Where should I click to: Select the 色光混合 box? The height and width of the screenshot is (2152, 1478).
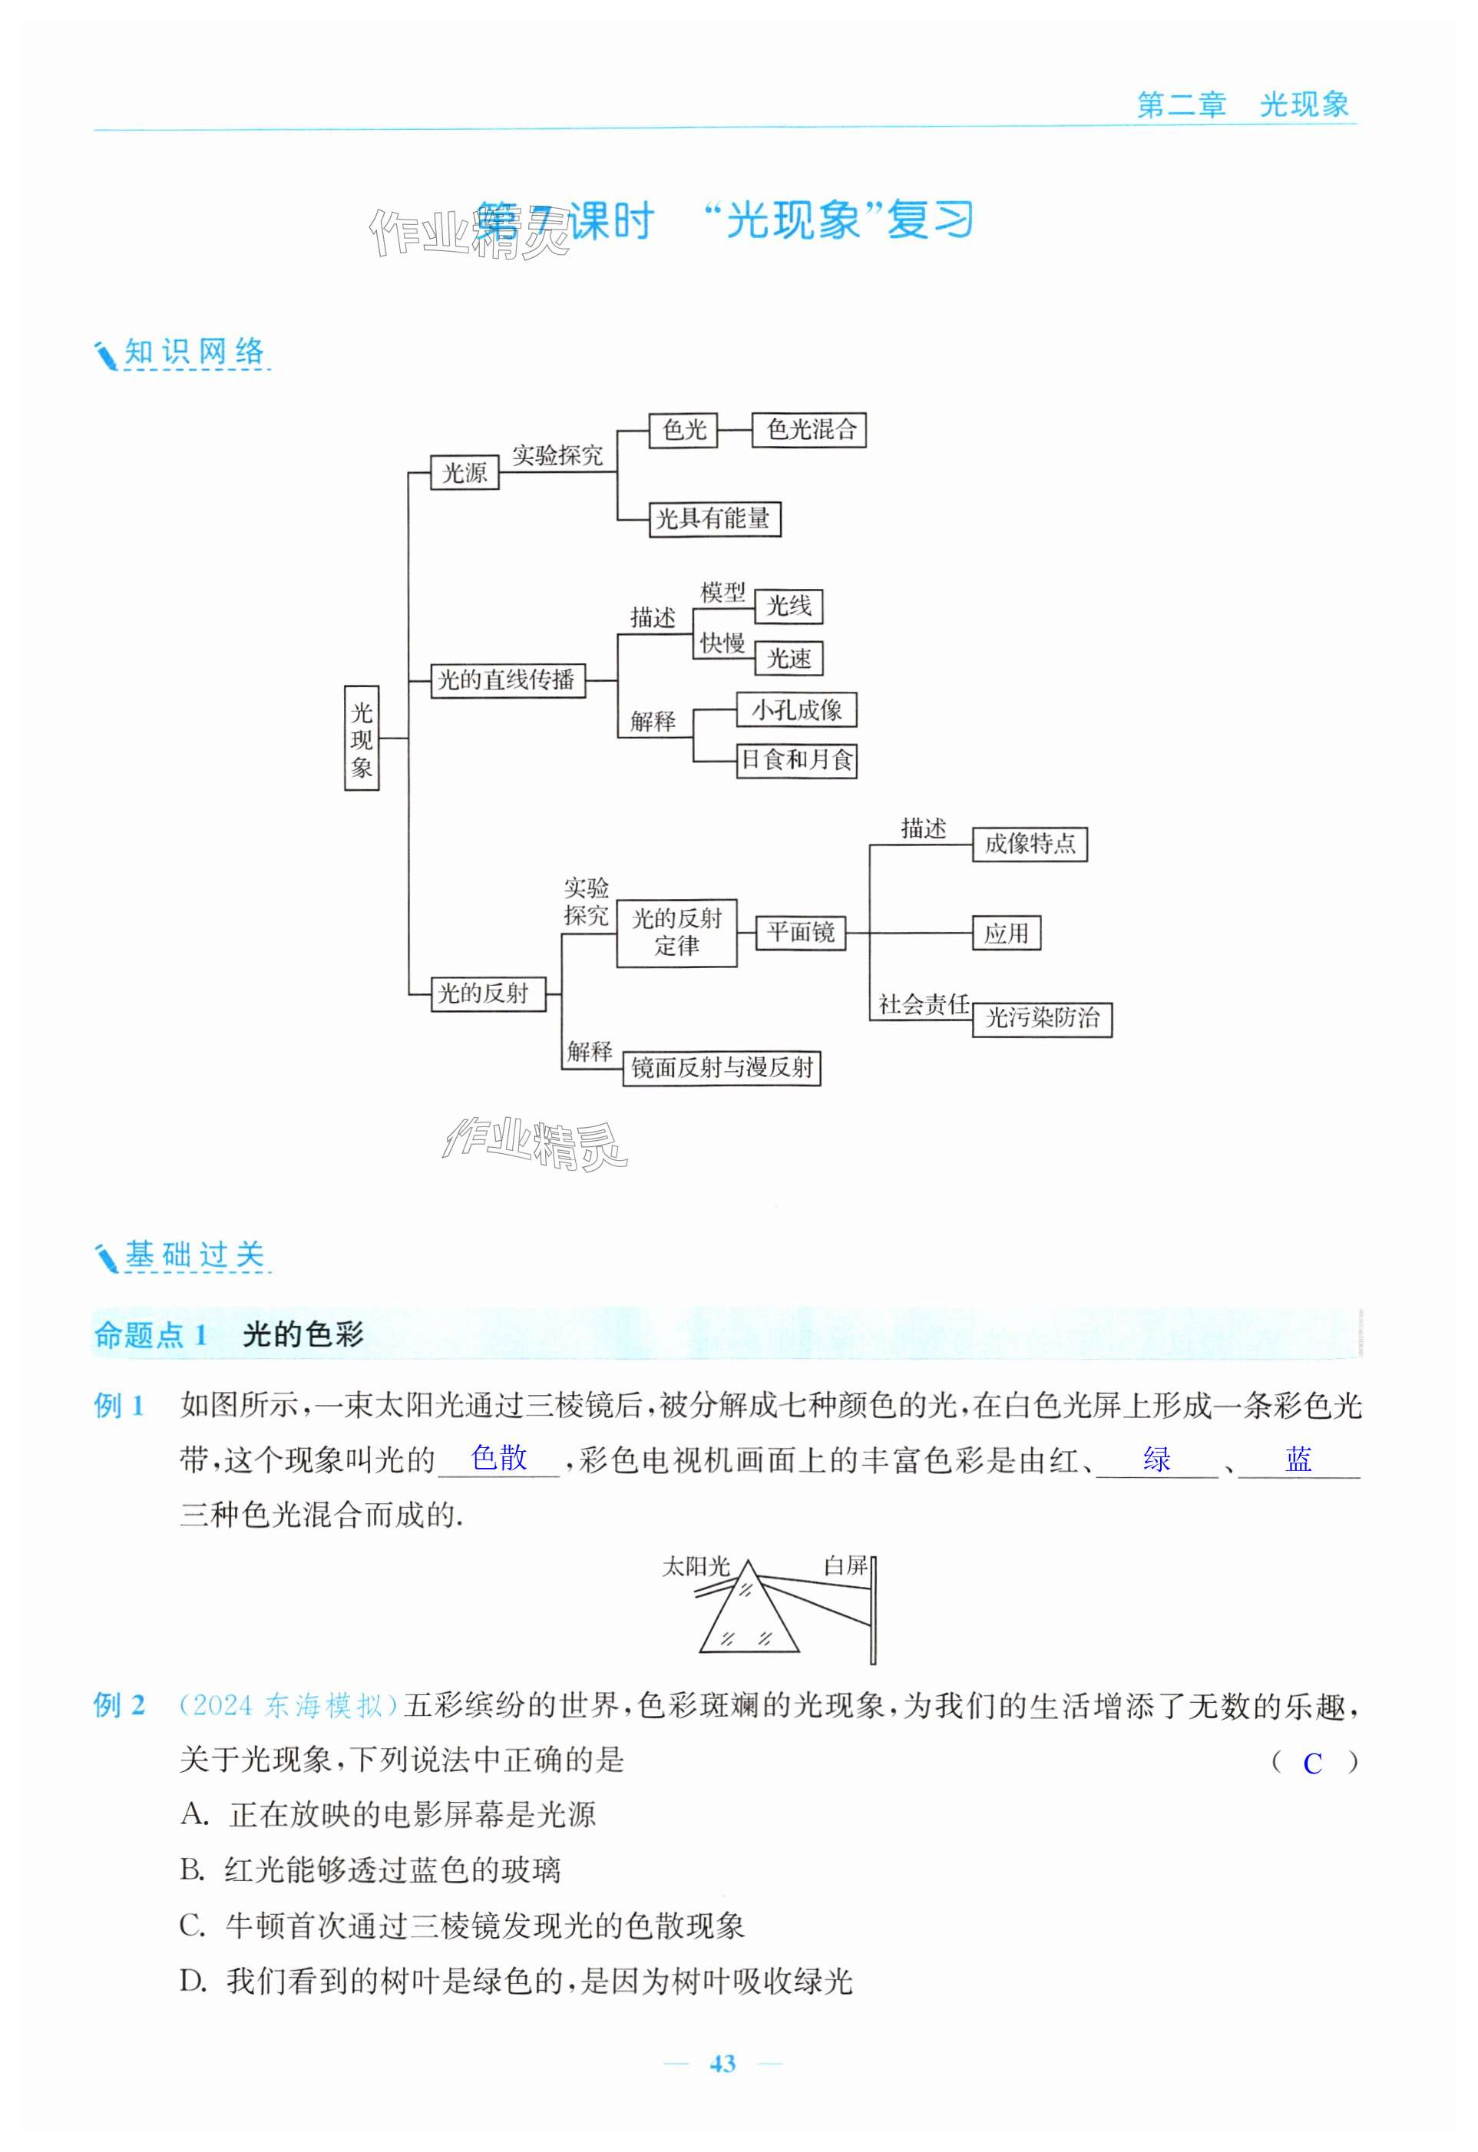808,430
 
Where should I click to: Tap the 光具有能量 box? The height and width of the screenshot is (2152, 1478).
714,518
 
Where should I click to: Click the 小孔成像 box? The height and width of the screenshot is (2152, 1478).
795,710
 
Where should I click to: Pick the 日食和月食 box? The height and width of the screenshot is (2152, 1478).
796,760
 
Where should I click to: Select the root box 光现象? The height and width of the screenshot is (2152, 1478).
361,738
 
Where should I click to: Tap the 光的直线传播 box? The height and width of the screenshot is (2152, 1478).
508,680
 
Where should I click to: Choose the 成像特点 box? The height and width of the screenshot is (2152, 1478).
1029,844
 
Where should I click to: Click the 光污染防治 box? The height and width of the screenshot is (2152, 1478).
1041,1019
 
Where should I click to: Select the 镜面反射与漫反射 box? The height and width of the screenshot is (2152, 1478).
722,1068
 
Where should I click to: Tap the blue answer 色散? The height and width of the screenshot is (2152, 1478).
498,1459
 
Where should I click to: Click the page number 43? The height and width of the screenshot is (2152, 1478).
722,2064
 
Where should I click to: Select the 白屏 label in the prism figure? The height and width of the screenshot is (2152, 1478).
845,1566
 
